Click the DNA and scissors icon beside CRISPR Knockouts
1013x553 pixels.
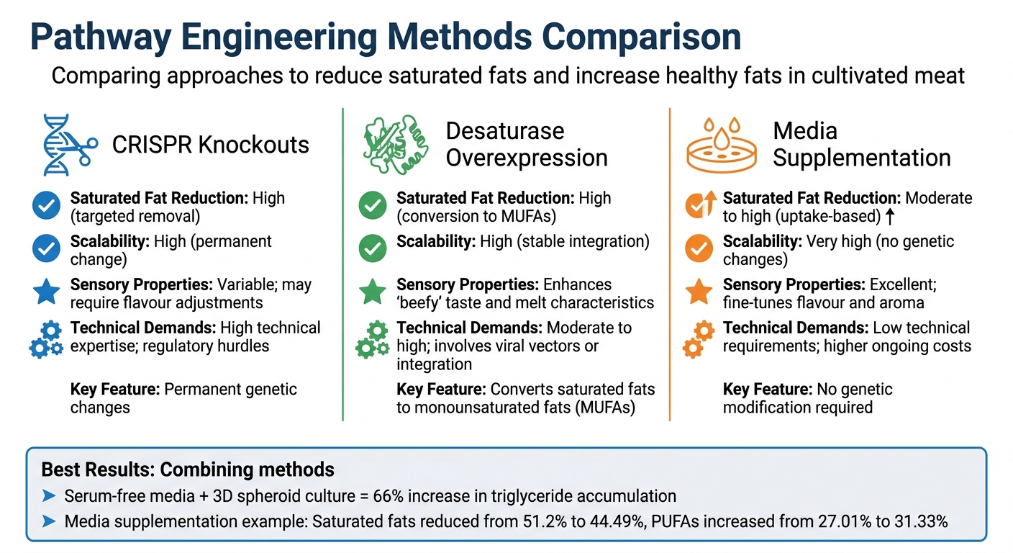click(x=65, y=144)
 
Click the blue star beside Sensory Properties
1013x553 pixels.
click(x=46, y=292)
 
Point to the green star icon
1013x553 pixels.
click(x=372, y=292)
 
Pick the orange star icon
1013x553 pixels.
click(x=698, y=292)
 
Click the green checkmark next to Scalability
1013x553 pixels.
click(x=372, y=248)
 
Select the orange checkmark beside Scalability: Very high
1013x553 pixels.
click(x=698, y=248)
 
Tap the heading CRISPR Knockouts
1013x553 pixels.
click(x=211, y=144)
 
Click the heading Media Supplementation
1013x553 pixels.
click(x=862, y=144)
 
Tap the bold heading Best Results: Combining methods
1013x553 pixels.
click(x=188, y=470)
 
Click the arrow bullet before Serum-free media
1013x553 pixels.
click(x=49, y=496)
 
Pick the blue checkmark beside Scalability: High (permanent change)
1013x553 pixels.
click(x=46, y=248)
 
